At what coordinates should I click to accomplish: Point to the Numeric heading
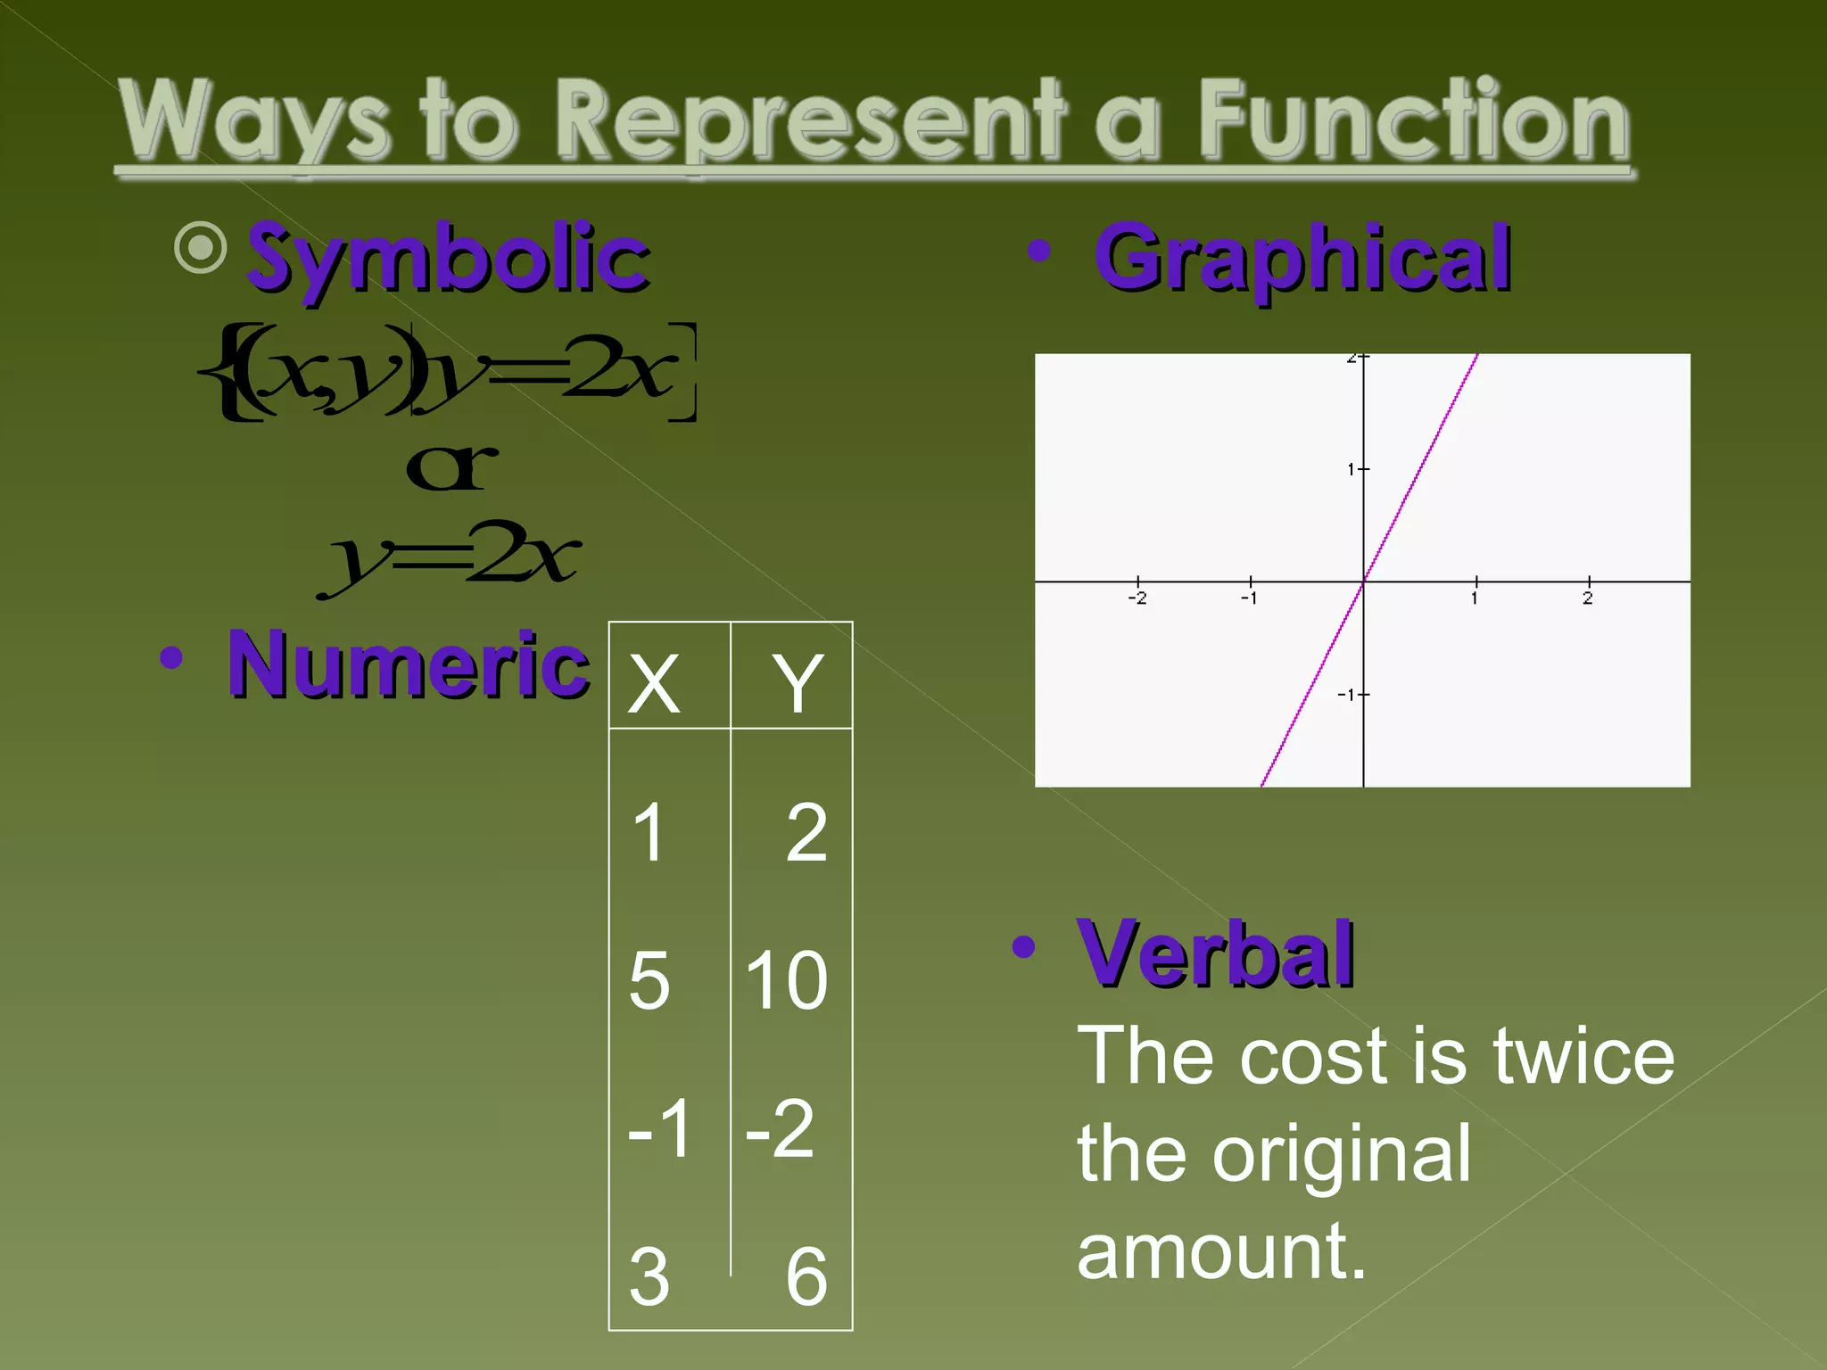[409, 664]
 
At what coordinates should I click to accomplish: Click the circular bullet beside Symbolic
[201, 247]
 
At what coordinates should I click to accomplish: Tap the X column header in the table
[654, 683]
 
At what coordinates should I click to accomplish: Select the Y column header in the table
[797, 683]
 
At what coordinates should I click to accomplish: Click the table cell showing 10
[787, 980]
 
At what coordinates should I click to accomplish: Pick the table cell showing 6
[806, 1276]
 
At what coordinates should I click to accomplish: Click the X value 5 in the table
[649, 980]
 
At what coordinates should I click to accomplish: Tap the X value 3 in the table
[649, 1276]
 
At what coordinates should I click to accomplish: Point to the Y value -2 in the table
[781, 1128]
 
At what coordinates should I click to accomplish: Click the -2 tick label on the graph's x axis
[1137, 598]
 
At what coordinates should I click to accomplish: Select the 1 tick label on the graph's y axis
[1352, 469]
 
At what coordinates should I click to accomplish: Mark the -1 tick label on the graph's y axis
[1347, 695]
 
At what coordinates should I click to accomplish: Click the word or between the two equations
[451, 467]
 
